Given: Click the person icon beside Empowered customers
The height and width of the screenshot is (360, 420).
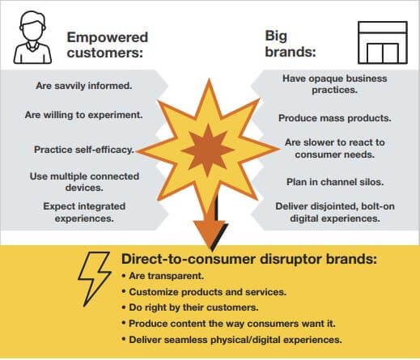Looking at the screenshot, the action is (32, 37).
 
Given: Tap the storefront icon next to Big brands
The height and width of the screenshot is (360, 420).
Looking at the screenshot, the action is (383, 43).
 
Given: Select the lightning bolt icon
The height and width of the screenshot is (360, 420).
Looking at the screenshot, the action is (94, 279).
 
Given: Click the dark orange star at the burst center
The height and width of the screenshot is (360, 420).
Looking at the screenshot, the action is (208, 150).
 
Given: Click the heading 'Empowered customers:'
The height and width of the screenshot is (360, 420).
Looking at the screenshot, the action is (108, 44).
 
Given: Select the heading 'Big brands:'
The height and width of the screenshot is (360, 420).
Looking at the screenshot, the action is (291, 44).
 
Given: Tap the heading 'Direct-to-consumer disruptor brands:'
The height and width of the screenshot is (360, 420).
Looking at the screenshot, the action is (248, 259).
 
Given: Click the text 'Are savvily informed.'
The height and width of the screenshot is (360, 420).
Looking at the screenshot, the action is (84, 86).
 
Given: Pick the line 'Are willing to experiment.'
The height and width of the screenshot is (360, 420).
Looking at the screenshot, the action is (83, 115).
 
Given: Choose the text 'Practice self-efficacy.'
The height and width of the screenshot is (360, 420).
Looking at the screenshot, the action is (84, 150).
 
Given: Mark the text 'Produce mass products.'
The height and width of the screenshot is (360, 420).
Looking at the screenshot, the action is (335, 118).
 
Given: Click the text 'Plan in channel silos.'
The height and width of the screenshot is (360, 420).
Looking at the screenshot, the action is (335, 182).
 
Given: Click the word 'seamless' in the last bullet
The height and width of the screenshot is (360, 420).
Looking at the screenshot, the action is (185, 340).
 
